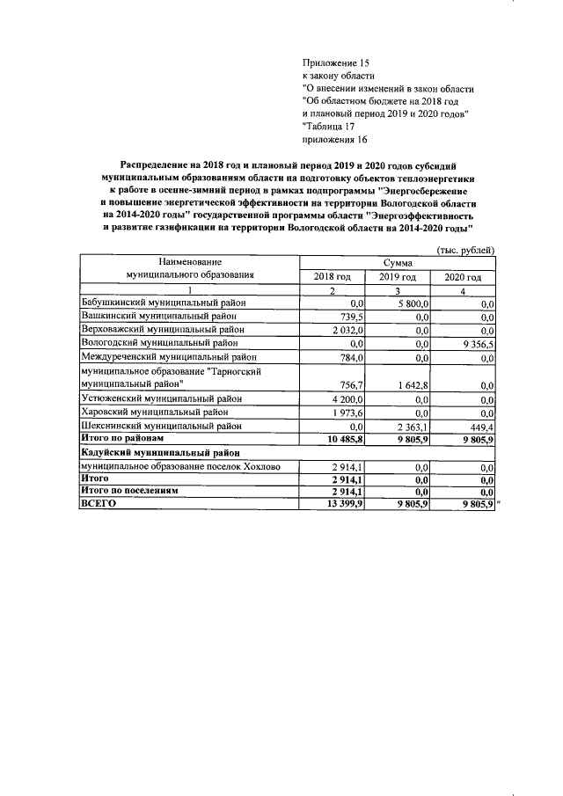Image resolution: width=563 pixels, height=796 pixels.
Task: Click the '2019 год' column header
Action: coord(397,277)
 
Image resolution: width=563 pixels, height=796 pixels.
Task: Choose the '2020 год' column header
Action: coord(463,277)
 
